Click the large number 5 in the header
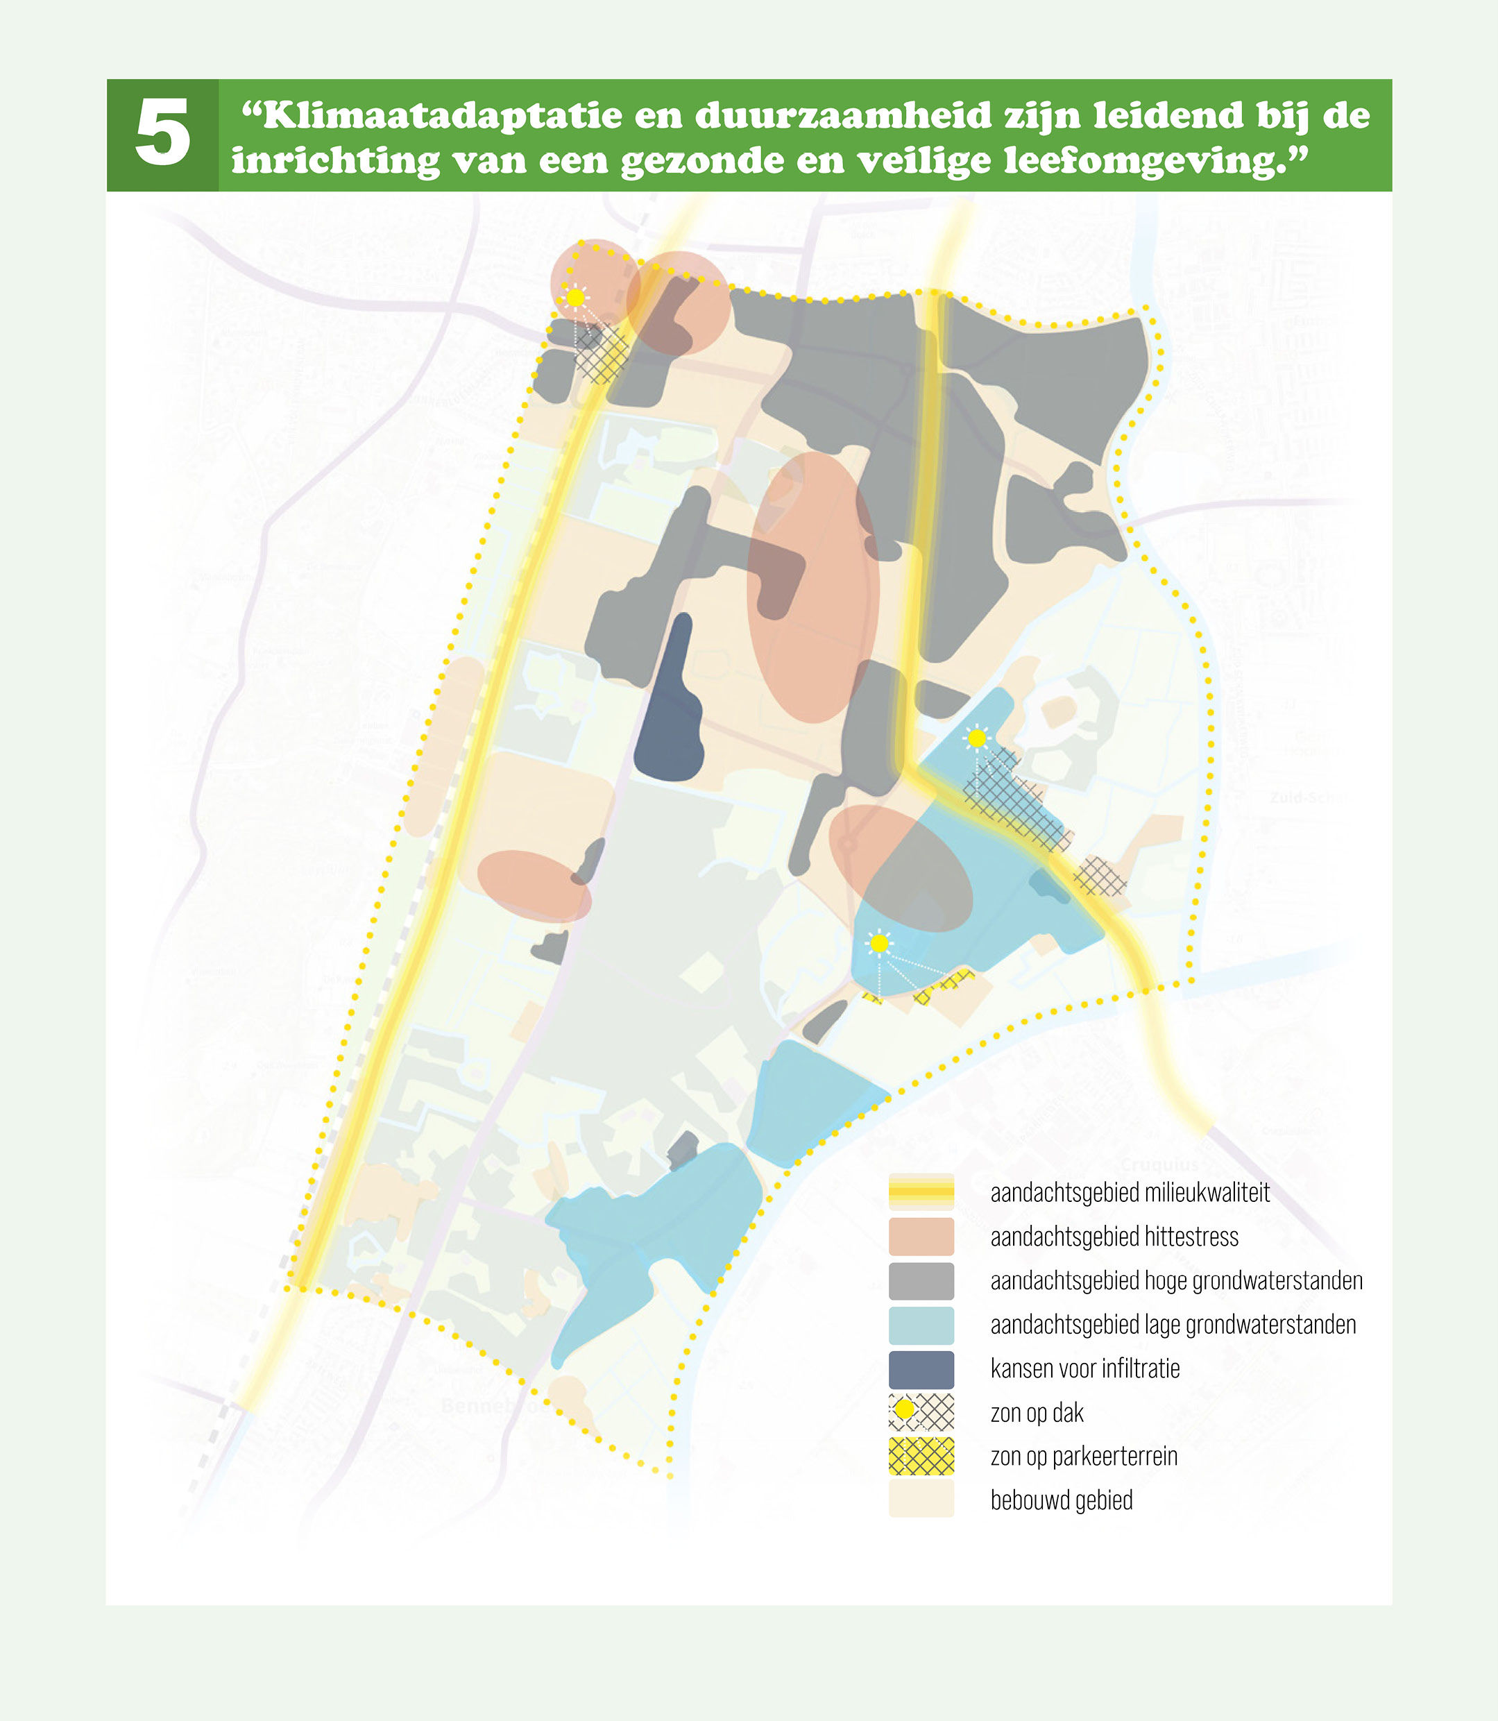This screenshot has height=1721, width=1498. click(x=163, y=134)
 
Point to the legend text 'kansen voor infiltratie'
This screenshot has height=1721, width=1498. click(x=1084, y=1369)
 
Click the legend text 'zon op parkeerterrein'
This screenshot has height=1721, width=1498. click(x=1083, y=1457)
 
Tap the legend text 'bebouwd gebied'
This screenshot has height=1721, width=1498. click(x=1061, y=1501)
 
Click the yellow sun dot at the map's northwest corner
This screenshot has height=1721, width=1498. click(x=575, y=298)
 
